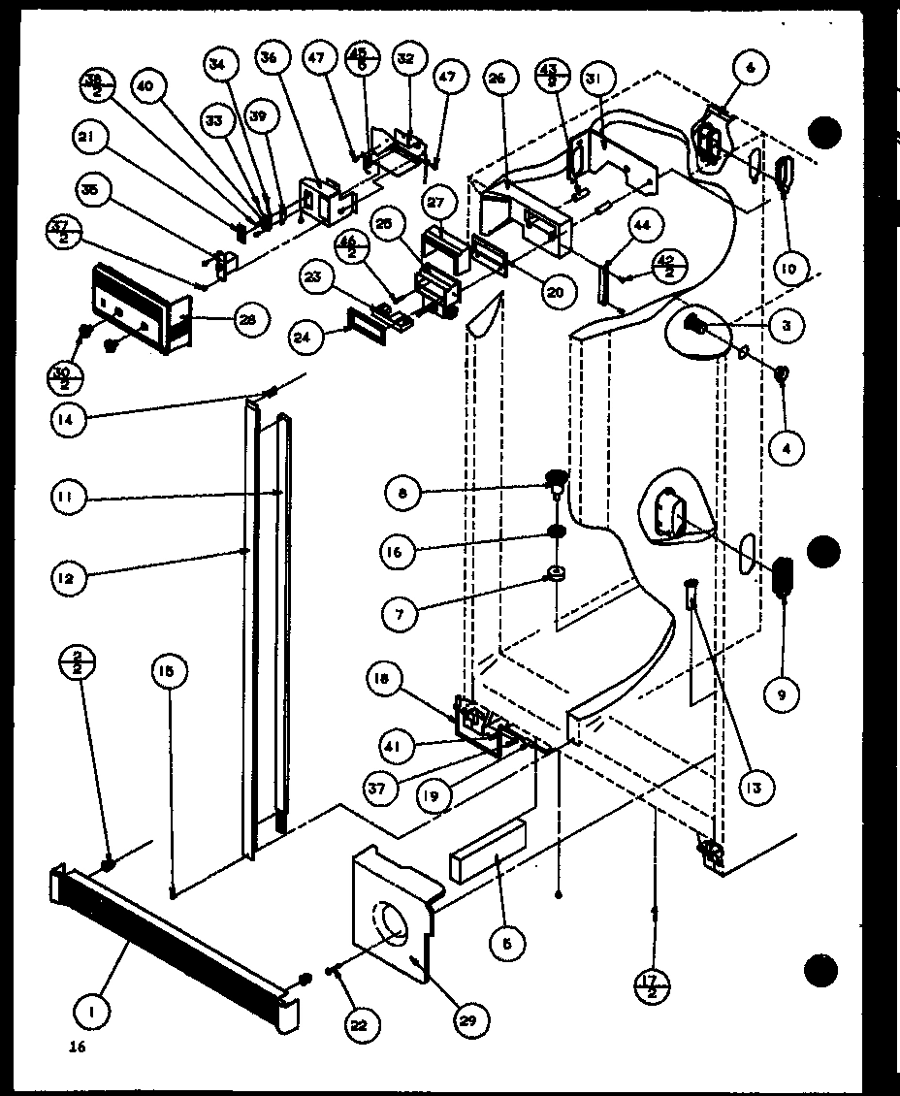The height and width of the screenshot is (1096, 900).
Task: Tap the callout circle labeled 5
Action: tap(508, 940)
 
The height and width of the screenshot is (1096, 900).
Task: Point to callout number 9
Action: tap(782, 693)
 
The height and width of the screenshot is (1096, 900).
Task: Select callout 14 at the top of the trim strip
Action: tap(72, 420)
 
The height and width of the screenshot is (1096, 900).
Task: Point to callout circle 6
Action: tap(753, 68)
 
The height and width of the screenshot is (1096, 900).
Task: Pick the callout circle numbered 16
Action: tap(399, 551)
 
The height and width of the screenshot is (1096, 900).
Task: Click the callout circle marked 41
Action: tap(398, 747)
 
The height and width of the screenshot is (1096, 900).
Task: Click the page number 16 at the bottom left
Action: tap(78, 1047)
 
